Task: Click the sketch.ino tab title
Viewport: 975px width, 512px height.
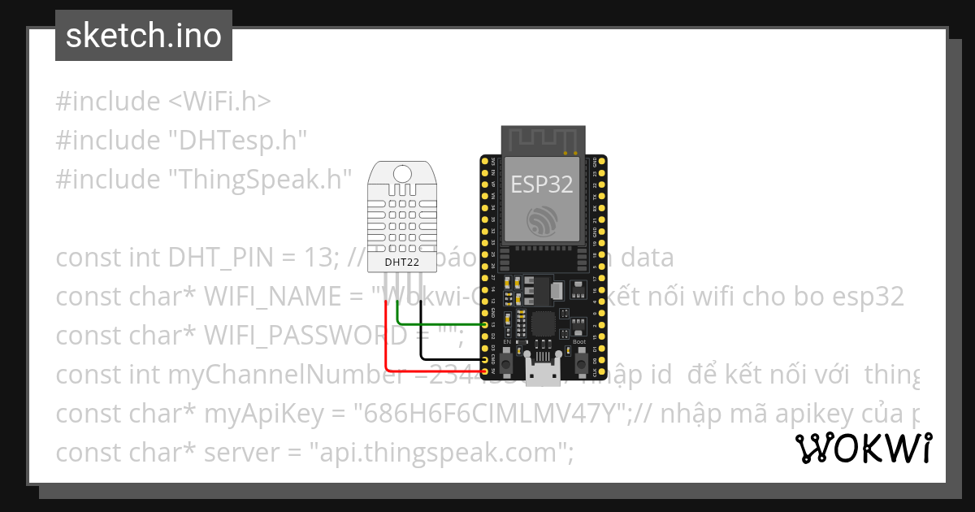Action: pyautogui.click(x=144, y=36)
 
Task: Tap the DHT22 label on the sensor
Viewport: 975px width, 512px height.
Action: pyautogui.click(x=401, y=263)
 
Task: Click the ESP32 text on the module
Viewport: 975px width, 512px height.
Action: pyautogui.click(x=541, y=184)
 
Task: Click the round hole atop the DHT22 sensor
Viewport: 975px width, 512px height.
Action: pyautogui.click(x=401, y=173)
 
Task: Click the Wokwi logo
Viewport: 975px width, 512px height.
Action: pyautogui.click(x=864, y=448)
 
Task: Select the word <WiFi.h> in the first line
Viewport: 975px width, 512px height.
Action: pyautogui.click(x=219, y=102)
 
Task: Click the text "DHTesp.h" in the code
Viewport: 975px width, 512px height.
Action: pyautogui.click(x=238, y=140)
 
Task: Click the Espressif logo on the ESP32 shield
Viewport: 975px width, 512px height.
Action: pyautogui.click(x=541, y=220)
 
